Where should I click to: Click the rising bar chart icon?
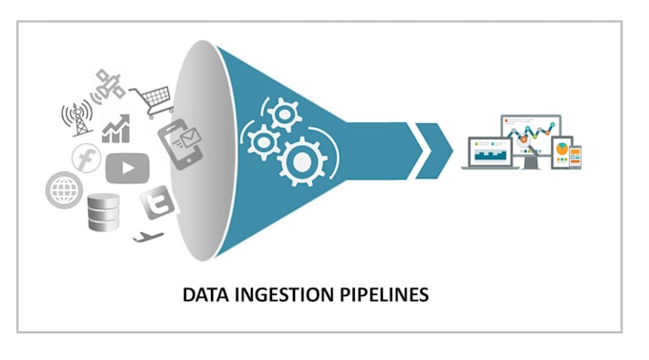pyautogui.click(x=116, y=127)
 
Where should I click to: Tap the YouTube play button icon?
pyautogui.click(x=127, y=169)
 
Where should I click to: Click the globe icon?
pyautogui.click(x=61, y=190)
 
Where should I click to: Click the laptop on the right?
pyautogui.click(x=491, y=154)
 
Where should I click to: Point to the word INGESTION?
pyautogui.click(x=283, y=295)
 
